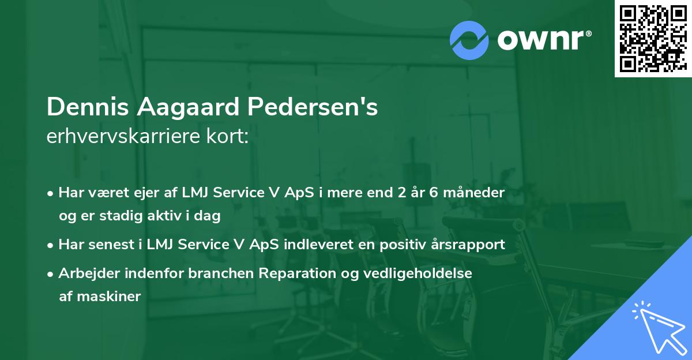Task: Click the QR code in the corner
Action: click(653, 38)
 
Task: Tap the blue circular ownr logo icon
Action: click(469, 40)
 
